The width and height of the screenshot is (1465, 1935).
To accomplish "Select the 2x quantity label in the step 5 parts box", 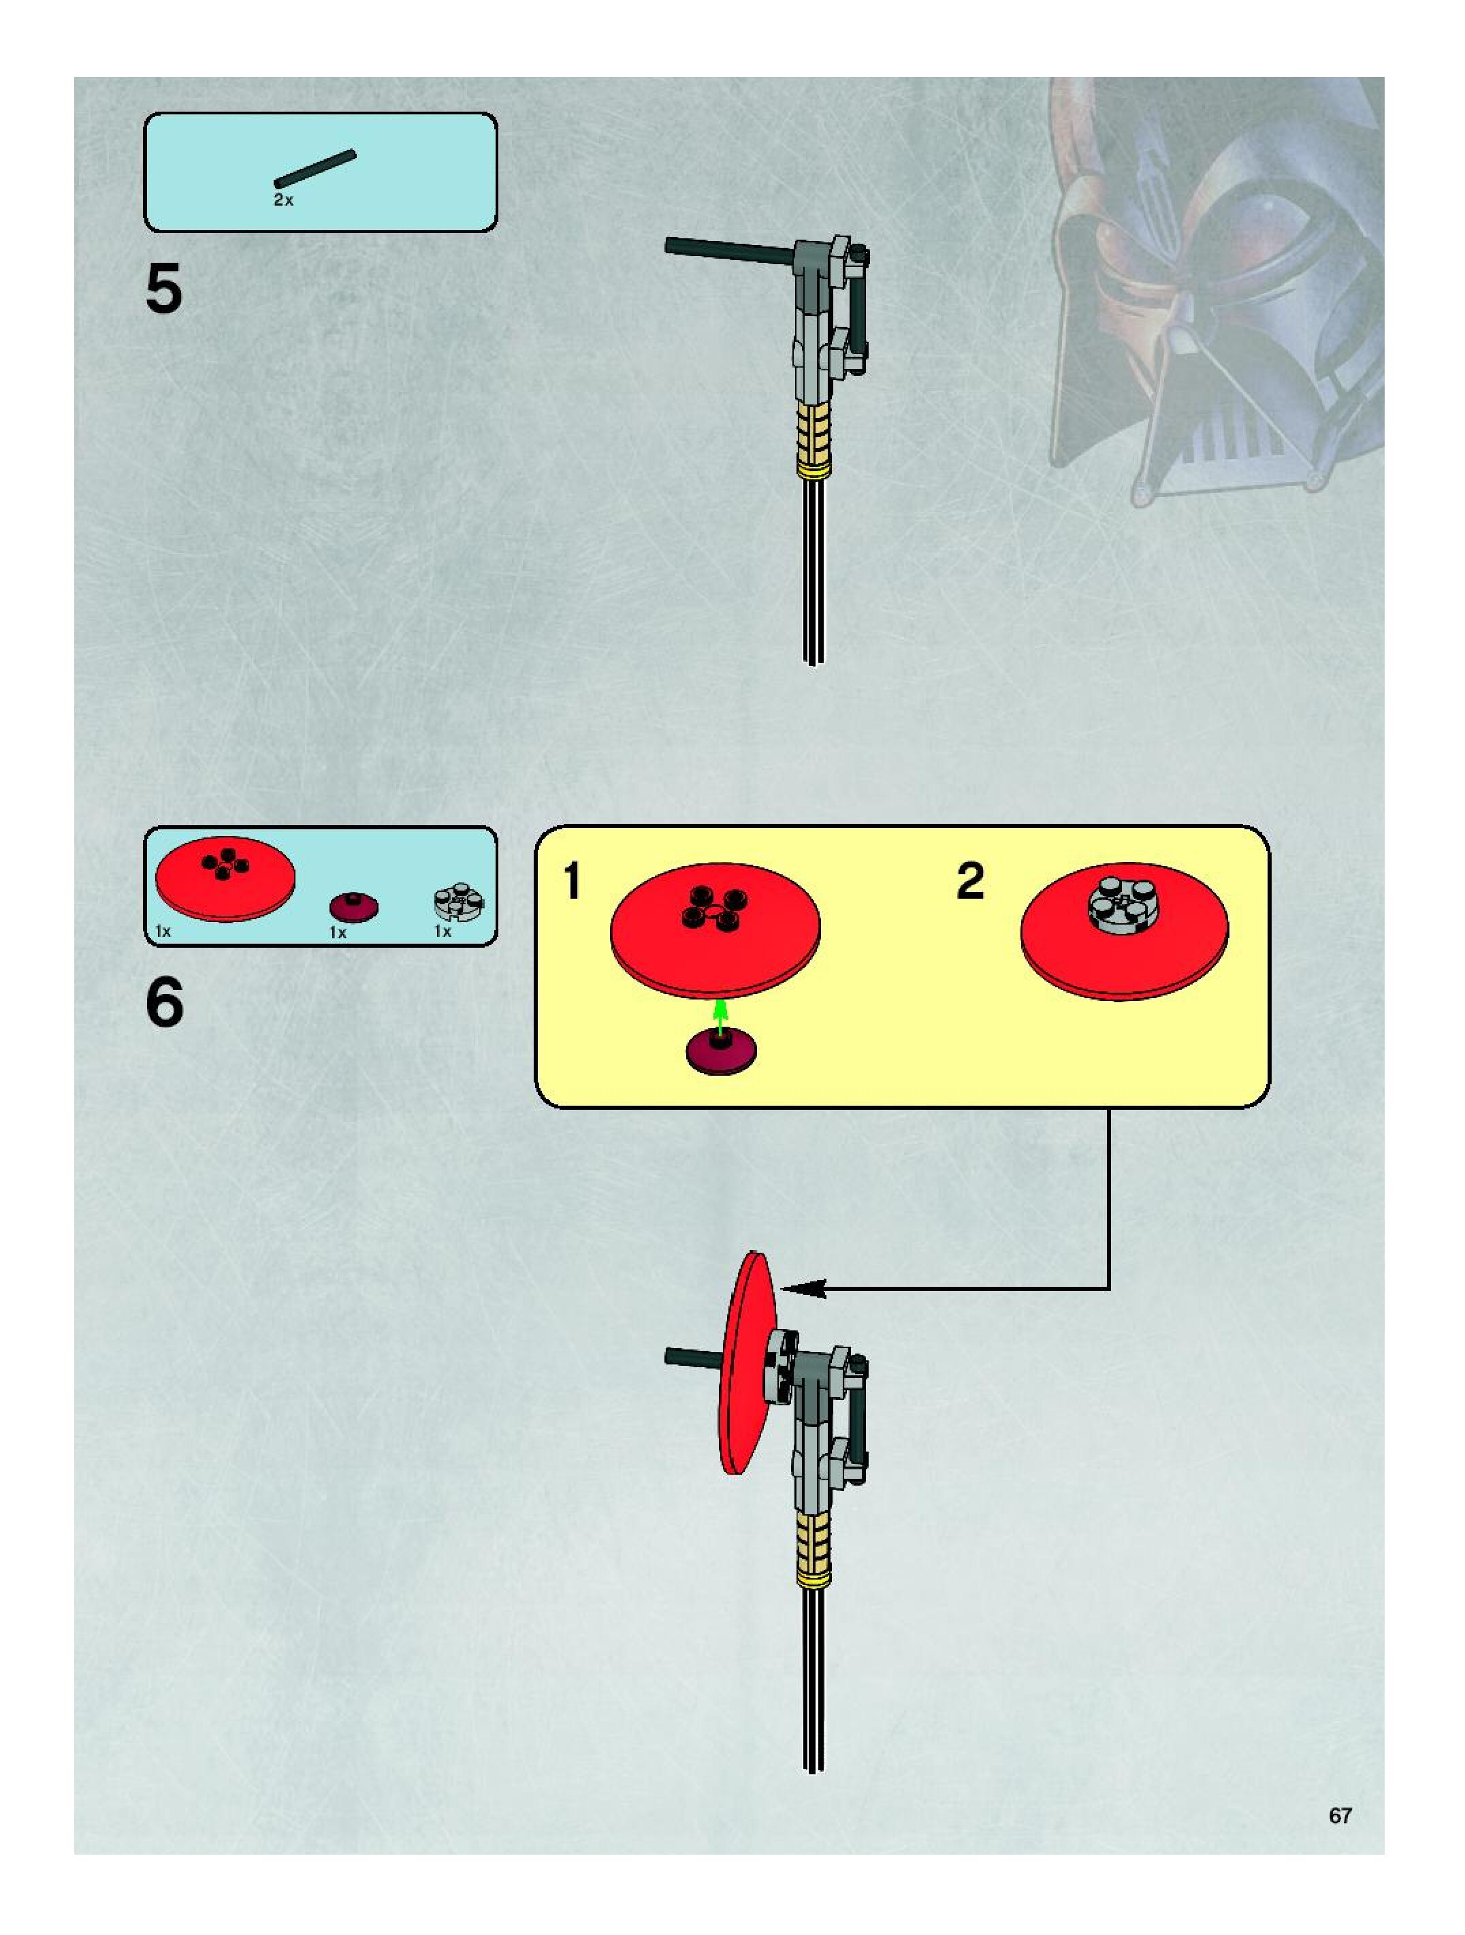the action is point(283,200).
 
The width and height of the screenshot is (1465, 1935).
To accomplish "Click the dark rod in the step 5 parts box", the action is point(315,168).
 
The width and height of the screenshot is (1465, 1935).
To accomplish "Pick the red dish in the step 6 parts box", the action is point(225,879).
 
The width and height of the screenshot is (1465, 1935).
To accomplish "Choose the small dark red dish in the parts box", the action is point(353,907).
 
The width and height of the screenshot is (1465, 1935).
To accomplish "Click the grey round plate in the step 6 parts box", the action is point(458,902).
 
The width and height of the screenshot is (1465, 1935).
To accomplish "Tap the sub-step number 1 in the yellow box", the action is point(572,881).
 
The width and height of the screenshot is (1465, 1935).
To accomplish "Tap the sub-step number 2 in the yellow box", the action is point(970,881).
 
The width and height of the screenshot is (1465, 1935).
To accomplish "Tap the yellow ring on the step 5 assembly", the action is point(813,470).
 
